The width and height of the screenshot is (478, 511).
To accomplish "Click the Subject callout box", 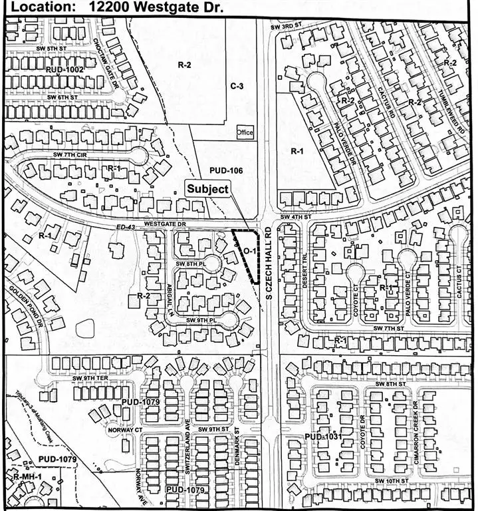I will [x=207, y=188].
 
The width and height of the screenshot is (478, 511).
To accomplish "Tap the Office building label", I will [x=245, y=132].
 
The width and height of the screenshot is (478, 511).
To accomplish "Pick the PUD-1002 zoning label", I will [x=64, y=70].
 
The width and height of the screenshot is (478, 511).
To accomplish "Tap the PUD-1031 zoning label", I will [x=322, y=436].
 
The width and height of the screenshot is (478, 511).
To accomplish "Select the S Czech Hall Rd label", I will [x=270, y=259].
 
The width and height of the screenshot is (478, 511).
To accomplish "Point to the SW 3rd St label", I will [x=287, y=27].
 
